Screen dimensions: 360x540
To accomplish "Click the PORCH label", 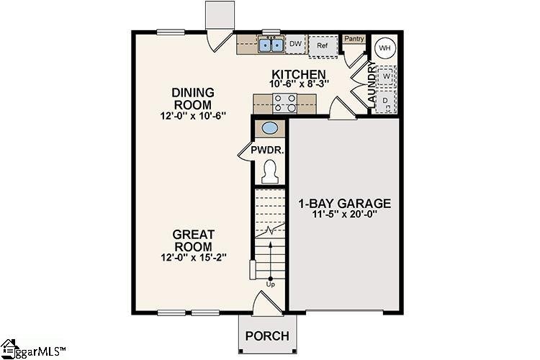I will click(267, 336).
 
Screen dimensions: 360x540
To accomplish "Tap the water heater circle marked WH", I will click(384, 48).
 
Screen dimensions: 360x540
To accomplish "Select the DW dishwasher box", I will click(295, 45).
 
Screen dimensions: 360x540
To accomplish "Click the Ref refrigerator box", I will click(323, 45).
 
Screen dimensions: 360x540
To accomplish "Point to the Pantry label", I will click(354, 39).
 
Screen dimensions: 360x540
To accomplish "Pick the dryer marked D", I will click(385, 100).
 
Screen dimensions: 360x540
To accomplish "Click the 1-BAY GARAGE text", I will click(344, 203).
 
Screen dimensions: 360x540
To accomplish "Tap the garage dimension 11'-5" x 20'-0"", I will click(344, 214).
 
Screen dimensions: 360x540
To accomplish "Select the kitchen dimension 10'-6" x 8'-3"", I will click(299, 84).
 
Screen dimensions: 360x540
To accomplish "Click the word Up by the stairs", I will click(271, 284).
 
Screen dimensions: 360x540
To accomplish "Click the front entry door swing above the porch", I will click(262, 302).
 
